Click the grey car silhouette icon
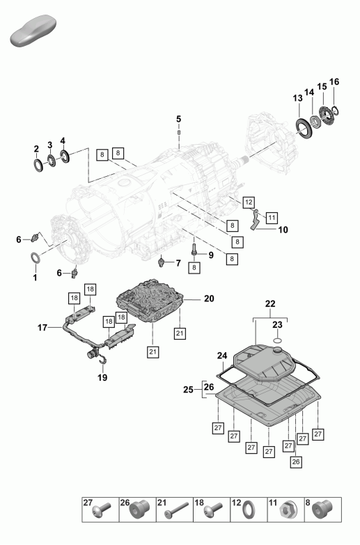pyautogui.click(x=33, y=31)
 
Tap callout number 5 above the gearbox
pyautogui.click(x=178, y=119)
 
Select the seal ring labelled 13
pyautogui.click(x=304, y=127)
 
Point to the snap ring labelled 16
pyautogui.click(x=336, y=110)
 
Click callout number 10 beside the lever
pyautogui.click(x=283, y=230)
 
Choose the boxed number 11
pyautogui.click(x=272, y=218)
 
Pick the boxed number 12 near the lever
pyautogui.click(x=249, y=203)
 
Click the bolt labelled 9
pyautogui.click(x=194, y=249)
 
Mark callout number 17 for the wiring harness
pyautogui.click(x=42, y=328)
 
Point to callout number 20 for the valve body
pyautogui.click(x=209, y=299)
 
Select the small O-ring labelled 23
pyautogui.click(x=277, y=340)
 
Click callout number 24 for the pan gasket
pyautogui.click(x=222, y=356)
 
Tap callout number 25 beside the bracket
pyautogui.click(x=188, y=390)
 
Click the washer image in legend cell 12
pyautogui.click(x=249, y=510)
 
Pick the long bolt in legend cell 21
pyautogui.click(x=177, y=510)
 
